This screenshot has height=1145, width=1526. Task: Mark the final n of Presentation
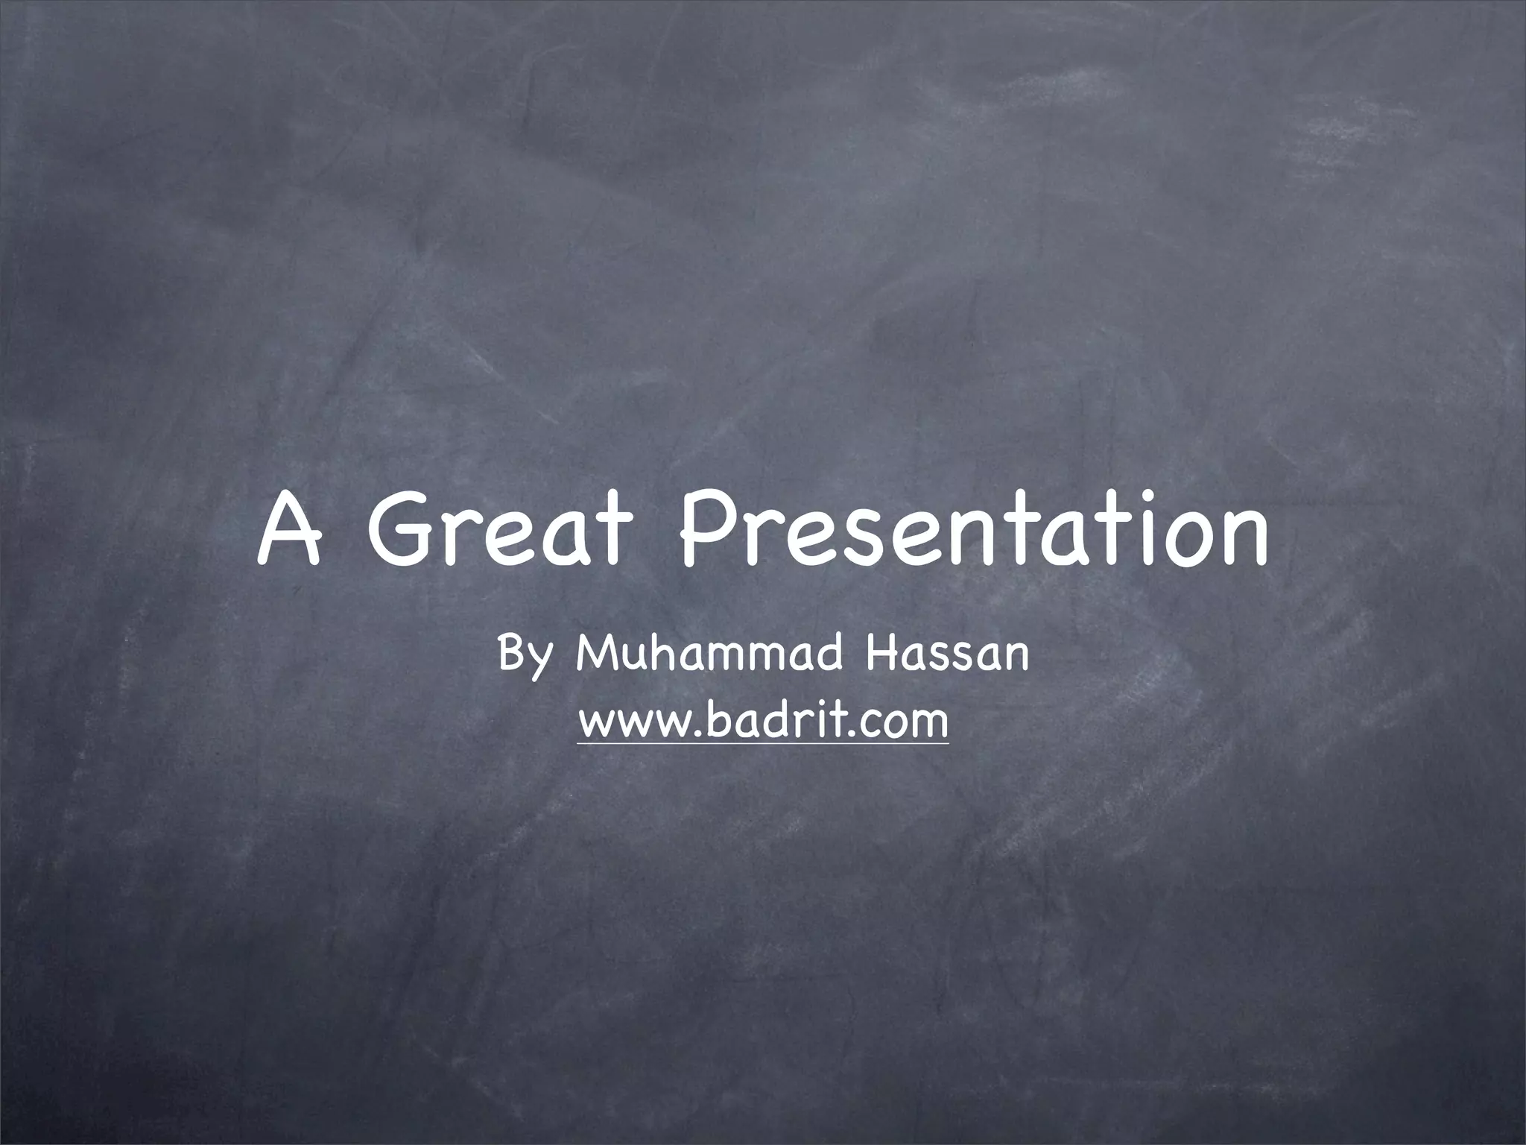point(1247,538)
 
